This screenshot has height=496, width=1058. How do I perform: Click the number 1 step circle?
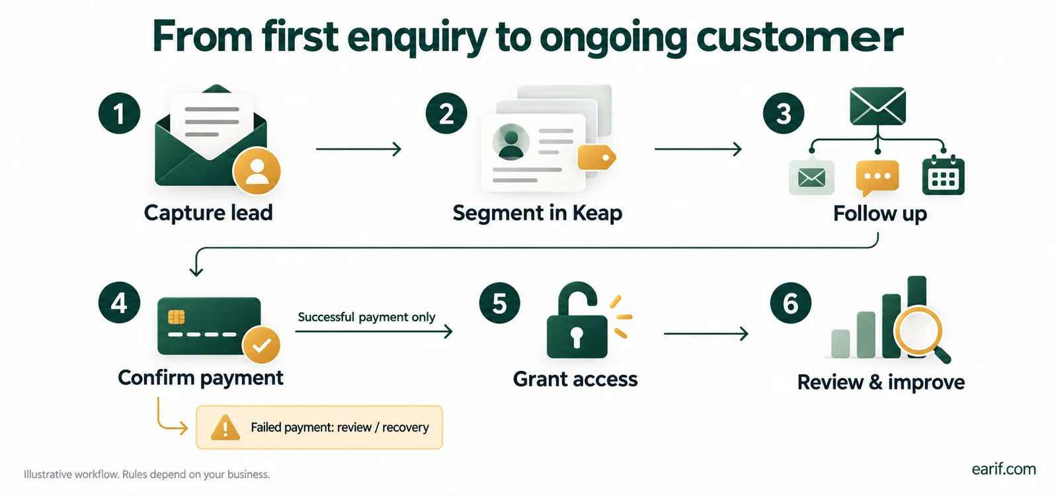click(x=119, y=113)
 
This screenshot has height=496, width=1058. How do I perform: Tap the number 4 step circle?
click(x=119, y=303)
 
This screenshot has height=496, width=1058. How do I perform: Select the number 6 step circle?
click(x=791, y=303)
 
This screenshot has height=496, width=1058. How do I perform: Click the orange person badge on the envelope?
click(x=257, y=171)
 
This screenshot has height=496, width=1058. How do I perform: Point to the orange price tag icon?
click(x=596, y=158)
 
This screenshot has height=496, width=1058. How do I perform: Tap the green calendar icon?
click(x=943, y=175)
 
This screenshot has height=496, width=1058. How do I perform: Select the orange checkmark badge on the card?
click(x=261, y=345)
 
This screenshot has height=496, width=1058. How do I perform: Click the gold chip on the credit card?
click(x=176, y=317)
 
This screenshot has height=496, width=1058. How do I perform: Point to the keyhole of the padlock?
click(x=577, y=337)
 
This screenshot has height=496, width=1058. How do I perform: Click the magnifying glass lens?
click(x=918, y=331)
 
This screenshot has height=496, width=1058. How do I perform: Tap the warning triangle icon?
click(x=225, y=427)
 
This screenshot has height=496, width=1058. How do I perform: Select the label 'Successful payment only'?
click(x=366, y=317)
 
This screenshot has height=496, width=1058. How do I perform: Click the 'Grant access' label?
click(x=575, y=379)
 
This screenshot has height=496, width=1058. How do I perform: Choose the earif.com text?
click(x=1004, y=469)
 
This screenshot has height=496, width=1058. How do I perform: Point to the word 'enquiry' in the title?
click(x=417, y=38)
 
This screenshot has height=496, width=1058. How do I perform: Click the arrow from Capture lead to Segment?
click(x=358, y=149)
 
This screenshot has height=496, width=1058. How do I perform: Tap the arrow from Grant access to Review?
click(x=706, y=333)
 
